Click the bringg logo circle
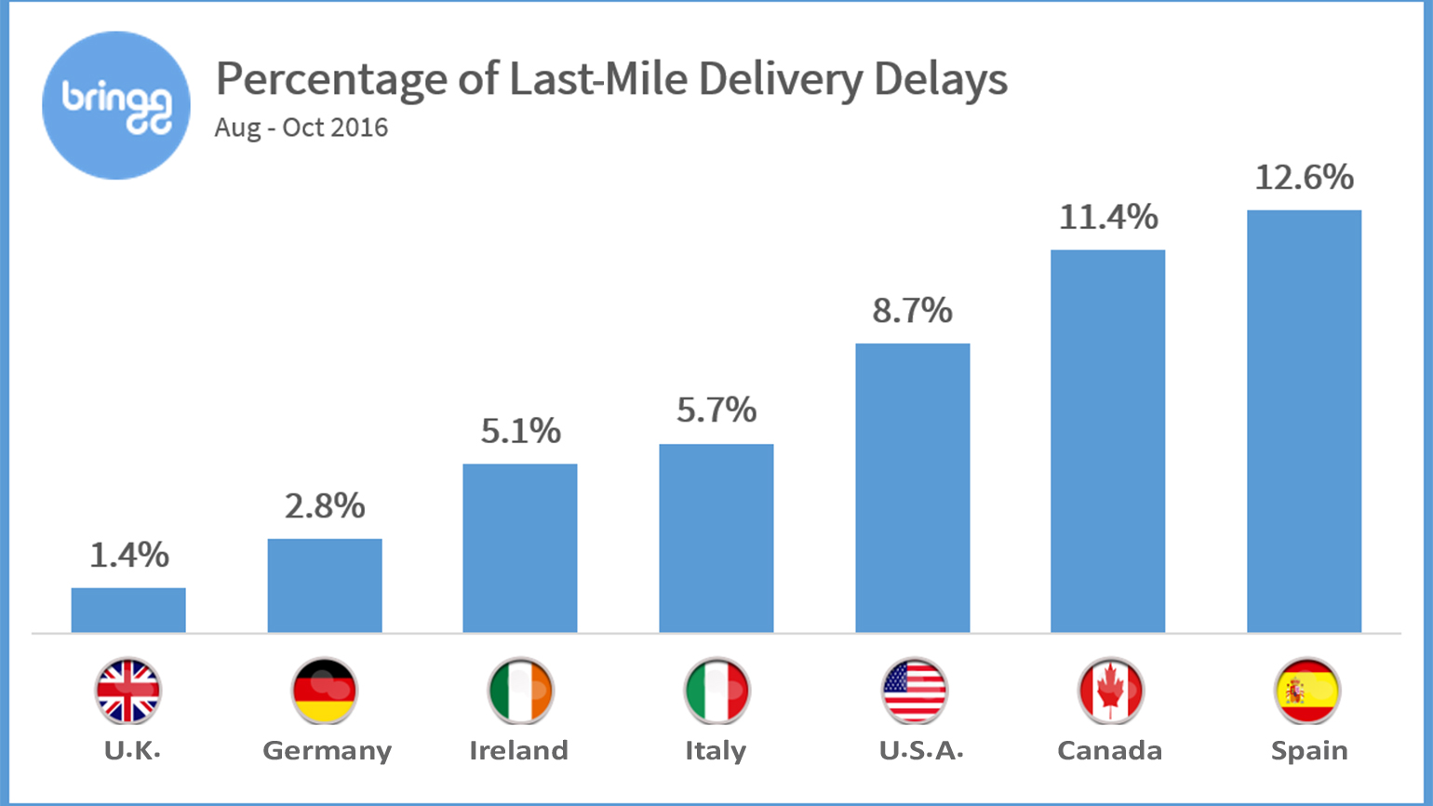tap(116, 105)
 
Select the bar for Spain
tap(1304, 422)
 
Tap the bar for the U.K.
tap(128, 611)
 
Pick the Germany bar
tap(325, 585)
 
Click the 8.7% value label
tap(912, 311)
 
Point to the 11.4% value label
tap(1108, 218)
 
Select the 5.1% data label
tap(520, 431)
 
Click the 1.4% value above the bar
tap(128, 556)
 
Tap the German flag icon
tap(324, 692)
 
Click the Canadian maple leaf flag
tap(1110, 692)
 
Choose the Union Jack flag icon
tap(128, 692)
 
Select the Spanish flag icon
tap(1306, 692)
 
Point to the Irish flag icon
tap(520, 692)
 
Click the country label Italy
tap(716, 751)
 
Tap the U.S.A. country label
tap(920, 751)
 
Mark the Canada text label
tap(1109, 751)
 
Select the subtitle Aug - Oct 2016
tap(301, 128)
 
